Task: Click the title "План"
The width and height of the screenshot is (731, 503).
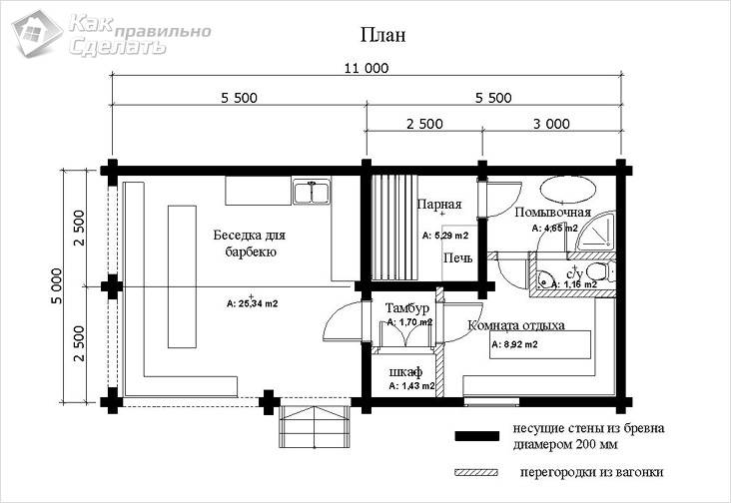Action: point(382,35)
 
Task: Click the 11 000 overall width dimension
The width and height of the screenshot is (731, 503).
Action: point(365,69)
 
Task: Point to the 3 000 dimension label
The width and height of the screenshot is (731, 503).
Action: point(550,125)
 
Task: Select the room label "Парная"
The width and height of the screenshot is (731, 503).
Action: point(439,205)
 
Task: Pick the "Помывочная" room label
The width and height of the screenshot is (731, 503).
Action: point(553,213)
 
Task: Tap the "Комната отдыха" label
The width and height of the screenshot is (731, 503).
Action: point(516,325)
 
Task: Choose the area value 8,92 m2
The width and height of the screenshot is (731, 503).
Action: point(514,344)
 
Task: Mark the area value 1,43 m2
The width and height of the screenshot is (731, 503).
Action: point(411,385)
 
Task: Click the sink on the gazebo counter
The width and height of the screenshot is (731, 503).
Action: point(312,190)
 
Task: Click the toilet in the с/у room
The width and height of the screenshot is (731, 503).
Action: point(597,271)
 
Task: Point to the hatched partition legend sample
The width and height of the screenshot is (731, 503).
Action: point(475,472)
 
